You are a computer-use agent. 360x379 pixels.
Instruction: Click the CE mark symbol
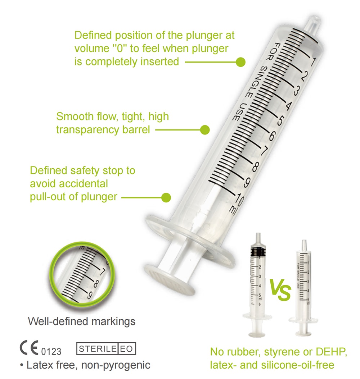29,348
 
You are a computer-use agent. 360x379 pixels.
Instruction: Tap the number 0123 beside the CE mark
51,351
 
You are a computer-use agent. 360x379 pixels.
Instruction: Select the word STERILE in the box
97,349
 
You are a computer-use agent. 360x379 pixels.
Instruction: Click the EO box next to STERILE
126,349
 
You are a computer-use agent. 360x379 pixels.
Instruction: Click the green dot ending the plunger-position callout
240,62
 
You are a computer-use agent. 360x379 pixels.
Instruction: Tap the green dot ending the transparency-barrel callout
205,130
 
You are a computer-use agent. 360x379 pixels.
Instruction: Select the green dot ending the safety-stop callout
166,197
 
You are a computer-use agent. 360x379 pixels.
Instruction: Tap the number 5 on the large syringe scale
280,120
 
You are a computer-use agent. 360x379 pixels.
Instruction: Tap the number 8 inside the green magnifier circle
96,283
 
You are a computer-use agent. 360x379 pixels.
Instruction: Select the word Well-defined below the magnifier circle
58,321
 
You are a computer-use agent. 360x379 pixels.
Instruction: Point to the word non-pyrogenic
116,365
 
